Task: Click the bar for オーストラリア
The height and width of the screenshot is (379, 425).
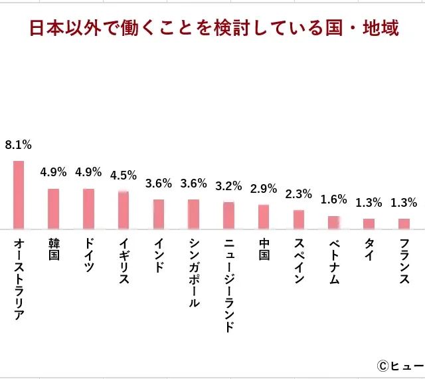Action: [19, 194]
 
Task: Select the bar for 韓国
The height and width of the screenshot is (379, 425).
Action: [54, 208]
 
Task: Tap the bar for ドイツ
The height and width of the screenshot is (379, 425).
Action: [88, 208]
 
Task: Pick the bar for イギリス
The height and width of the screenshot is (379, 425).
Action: [124, 209]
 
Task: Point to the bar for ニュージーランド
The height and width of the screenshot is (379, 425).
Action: [228, 215]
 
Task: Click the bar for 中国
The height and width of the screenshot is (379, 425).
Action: [264, 216]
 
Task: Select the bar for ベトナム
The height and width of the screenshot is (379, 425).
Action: [333, 222]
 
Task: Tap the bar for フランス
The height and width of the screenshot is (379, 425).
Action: [404, 223]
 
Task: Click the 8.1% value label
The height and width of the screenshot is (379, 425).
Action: [19, 144]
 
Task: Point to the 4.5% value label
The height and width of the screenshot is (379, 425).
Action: [124, 176]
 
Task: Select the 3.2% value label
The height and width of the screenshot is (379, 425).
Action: [228, 186]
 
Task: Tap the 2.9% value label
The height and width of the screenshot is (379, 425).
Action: [264, 189]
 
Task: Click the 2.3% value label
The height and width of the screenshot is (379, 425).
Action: [299, 194]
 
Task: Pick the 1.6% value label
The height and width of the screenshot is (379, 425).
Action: [333, 199]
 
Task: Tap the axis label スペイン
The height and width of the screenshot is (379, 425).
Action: [299, 261]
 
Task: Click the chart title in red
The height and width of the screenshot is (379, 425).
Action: [214, 29]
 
